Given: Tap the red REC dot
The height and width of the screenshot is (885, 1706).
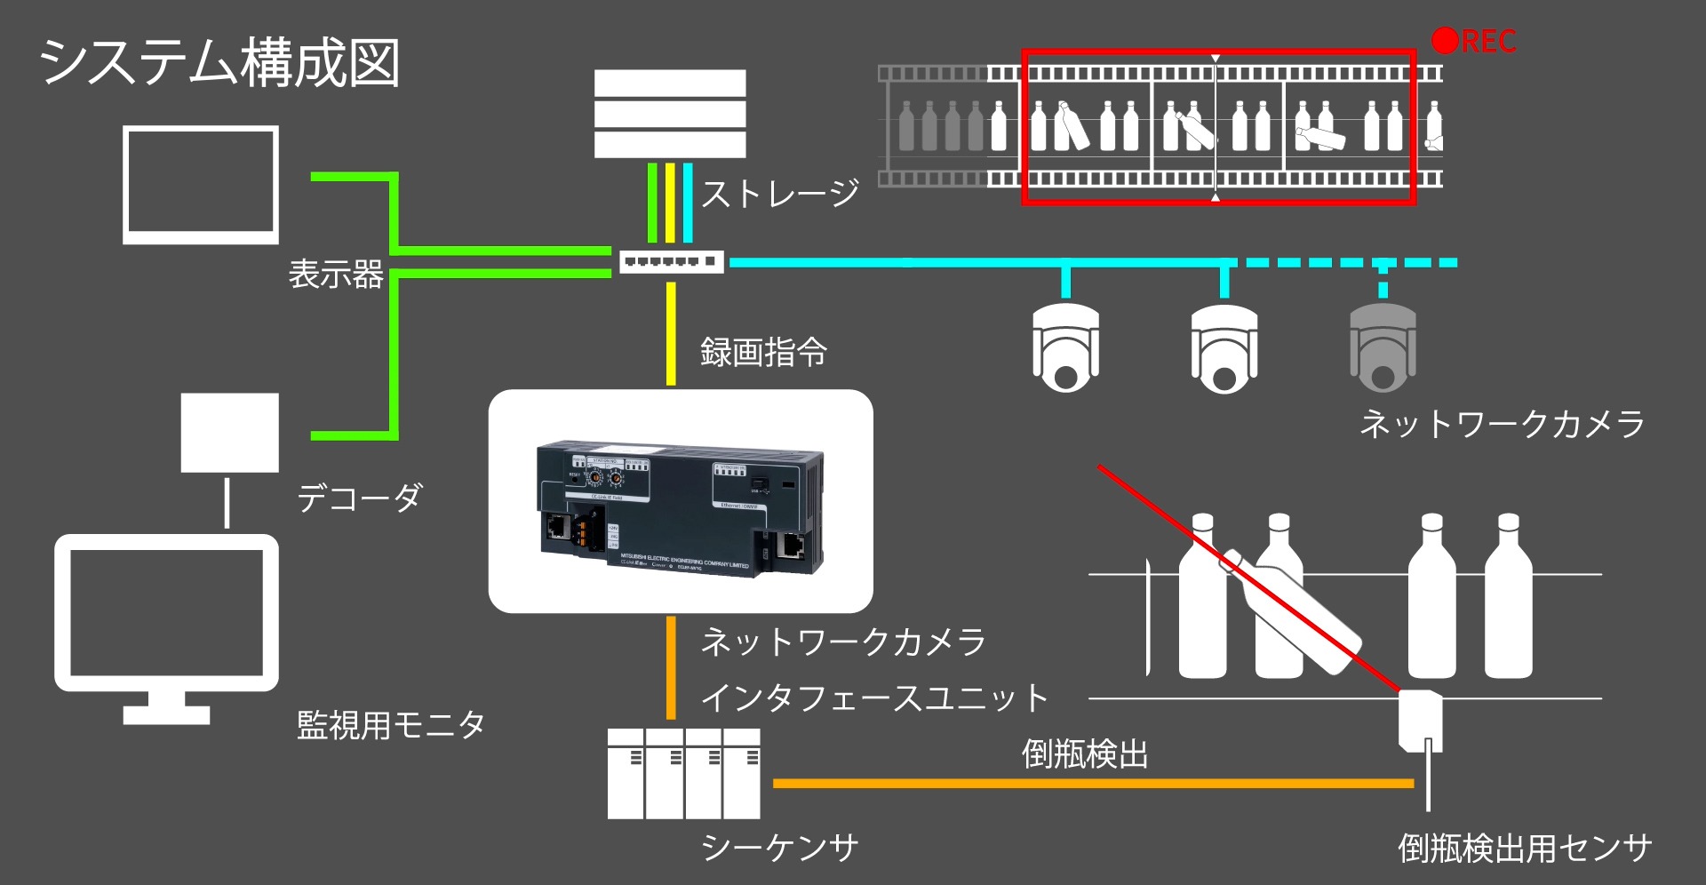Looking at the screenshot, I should [x=1445, y=40].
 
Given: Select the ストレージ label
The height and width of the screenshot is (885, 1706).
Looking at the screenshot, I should [x=780, y=193].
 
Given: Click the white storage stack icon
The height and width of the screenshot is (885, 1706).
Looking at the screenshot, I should [x=670, y=114].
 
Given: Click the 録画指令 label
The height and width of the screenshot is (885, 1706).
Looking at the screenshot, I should [x=763, y=352].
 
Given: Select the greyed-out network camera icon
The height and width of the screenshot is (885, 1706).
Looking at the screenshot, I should [x=1383, y=347].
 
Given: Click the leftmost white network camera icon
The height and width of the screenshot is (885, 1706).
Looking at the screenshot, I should [x=1065, y=347].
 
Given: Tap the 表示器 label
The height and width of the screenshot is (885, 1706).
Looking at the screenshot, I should [x=336, y=274].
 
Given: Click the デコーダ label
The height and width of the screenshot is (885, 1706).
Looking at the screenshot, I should [x=359, y=498].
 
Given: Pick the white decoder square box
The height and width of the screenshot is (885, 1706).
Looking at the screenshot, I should [x=230, y=433].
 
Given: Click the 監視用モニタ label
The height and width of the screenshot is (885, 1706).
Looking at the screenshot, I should [x=391, y=725].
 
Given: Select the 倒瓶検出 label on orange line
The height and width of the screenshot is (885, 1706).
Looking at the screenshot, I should [x=1085, y=754].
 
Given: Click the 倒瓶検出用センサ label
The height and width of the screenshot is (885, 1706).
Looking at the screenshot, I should [x=1525, y=848].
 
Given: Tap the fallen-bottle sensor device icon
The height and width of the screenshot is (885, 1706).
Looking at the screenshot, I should [x=1420, y=721].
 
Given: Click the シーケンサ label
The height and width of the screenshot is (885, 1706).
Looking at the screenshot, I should [x=779, y=848].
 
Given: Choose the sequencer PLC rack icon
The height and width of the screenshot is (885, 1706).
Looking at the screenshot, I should [x=683, y=774].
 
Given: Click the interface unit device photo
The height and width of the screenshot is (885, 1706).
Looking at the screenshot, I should [x=680, y=508].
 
